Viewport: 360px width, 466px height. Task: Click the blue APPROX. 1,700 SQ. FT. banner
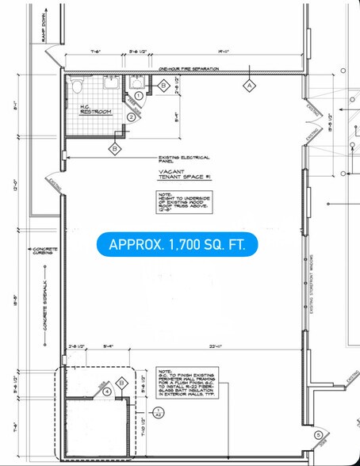coord(177,245)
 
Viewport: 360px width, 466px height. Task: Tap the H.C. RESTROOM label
coord(95,109)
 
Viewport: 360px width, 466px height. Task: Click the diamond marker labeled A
coord(249,84)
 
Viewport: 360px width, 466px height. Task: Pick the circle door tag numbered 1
coord(138,96)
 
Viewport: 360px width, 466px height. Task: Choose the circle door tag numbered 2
coord(131,117)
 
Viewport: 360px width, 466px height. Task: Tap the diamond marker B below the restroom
coord(115,147)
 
